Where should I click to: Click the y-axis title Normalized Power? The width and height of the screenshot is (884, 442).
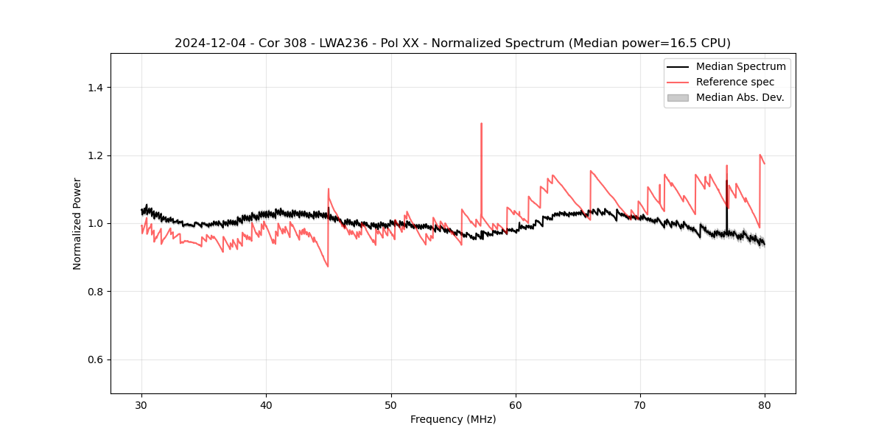coord(77,223)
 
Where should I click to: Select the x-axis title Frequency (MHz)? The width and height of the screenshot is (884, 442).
coord(453,419)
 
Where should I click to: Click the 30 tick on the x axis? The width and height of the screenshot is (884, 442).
coord(142,405)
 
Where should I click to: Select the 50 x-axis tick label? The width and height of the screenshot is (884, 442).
coord(391,405)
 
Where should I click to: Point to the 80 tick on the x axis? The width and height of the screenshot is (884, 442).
coord(765,405)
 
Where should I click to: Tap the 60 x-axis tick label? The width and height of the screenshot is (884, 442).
coord(516,405)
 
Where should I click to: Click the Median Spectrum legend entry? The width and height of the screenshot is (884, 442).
coord(740,66)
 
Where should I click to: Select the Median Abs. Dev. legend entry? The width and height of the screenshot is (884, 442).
coord(740,97)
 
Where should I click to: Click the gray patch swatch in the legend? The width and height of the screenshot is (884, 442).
coord(678,97)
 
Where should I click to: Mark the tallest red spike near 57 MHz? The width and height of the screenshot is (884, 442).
coord(481,124)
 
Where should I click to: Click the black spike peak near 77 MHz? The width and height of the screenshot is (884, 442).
coord(726,180)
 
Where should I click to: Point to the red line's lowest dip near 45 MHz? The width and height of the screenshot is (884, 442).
coord(327,266)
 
